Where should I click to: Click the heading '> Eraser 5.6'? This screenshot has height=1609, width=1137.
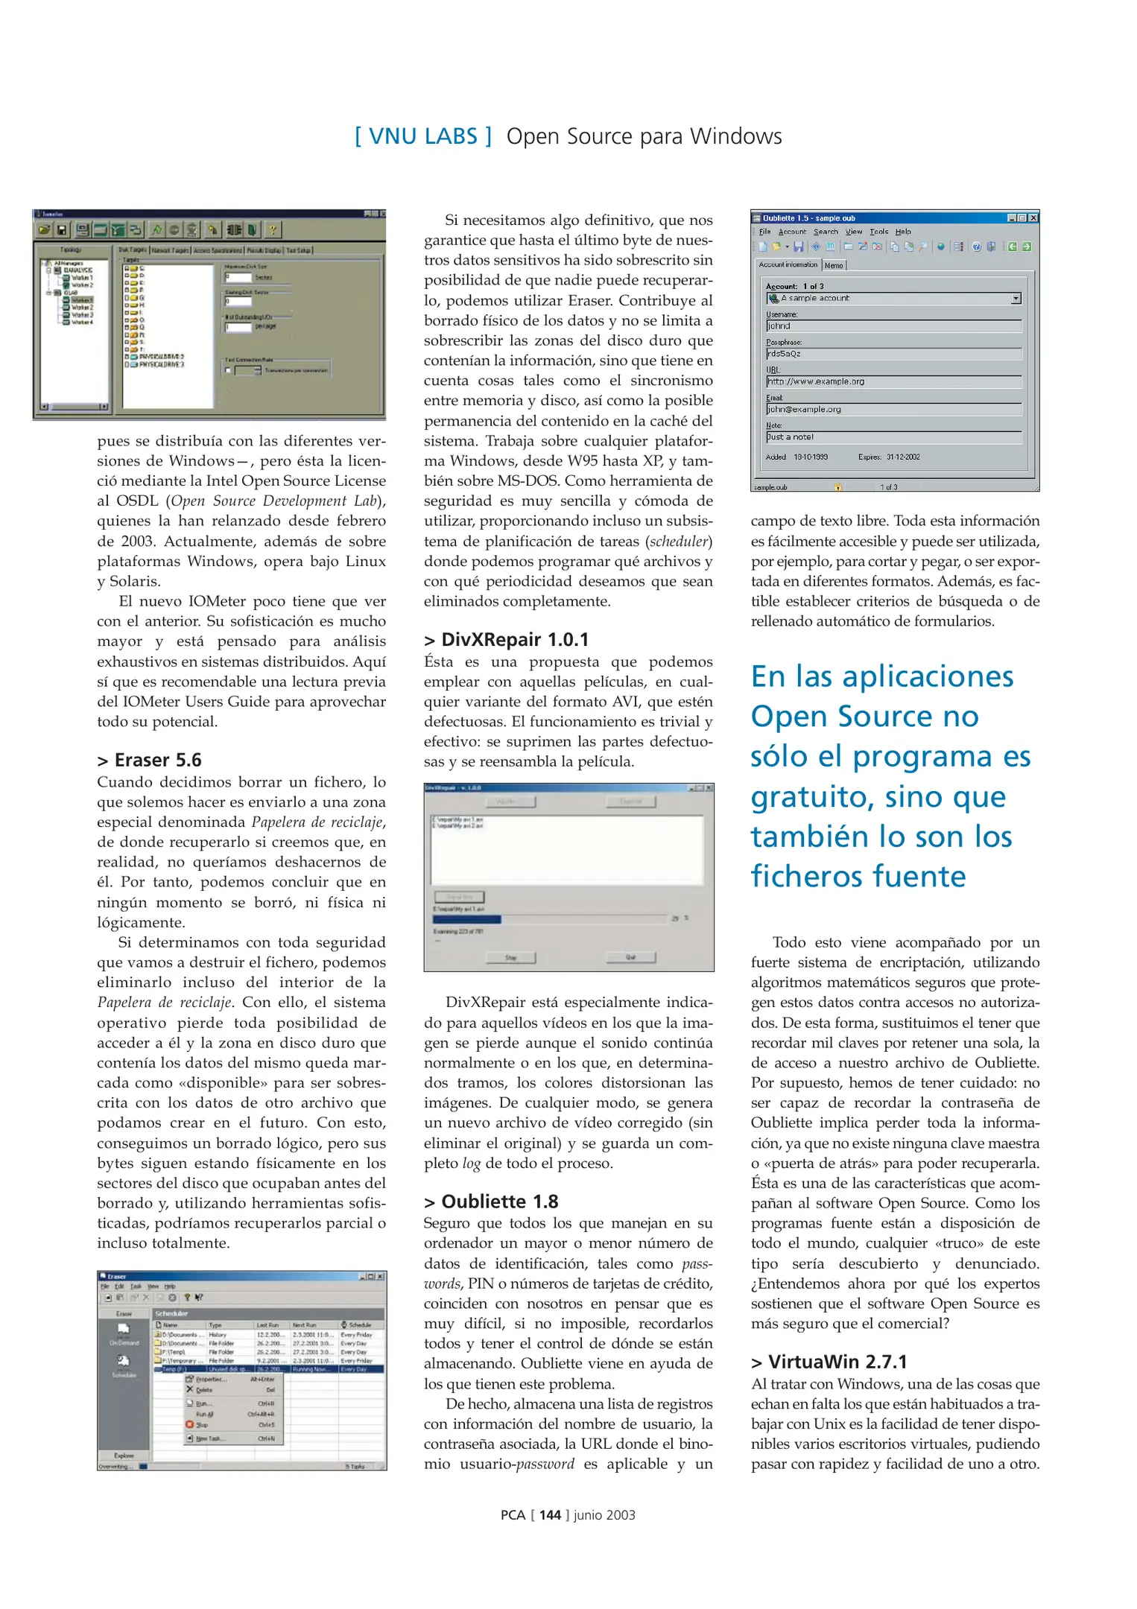[149, 760]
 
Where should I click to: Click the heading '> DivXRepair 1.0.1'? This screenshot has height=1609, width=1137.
[506, 639]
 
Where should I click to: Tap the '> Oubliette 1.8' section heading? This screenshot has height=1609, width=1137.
[491, 1201]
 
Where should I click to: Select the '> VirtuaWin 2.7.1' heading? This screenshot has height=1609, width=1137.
[829, 1362]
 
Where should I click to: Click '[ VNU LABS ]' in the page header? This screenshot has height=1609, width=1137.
[422, 136]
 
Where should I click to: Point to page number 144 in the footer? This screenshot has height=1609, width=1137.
[550, 1514]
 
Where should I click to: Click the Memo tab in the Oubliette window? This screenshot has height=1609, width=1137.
[834, 265]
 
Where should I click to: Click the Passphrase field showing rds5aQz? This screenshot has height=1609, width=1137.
[893, 354]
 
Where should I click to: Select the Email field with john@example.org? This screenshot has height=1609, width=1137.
[893, 409]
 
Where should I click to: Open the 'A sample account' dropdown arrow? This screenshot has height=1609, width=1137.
[1016, 298]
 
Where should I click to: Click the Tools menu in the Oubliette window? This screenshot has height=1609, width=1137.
[878, 232]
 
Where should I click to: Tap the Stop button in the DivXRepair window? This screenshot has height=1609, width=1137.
[510, 957]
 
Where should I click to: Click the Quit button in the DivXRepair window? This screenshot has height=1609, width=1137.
[630, 957]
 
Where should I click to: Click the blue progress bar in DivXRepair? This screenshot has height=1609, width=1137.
[467, 919]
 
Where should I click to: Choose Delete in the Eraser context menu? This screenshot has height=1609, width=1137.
[205, 1389]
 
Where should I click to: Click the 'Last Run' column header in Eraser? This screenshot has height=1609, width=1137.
[268, 1324]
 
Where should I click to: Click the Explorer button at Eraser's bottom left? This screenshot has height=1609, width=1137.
[124, 1455]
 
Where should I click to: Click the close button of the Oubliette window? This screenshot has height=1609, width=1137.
[1033, 218]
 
